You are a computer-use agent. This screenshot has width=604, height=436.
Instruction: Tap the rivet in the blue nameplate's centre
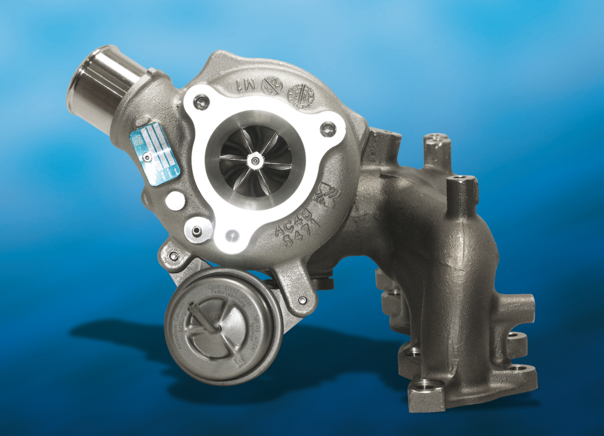[x=146, y=158]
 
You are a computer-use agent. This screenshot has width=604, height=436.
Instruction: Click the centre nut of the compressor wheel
[x=256, y=161]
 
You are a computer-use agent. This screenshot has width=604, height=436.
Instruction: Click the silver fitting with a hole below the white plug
[x=198, y=229]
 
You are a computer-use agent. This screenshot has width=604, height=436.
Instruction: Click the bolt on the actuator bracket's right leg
[x=302, y=300]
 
